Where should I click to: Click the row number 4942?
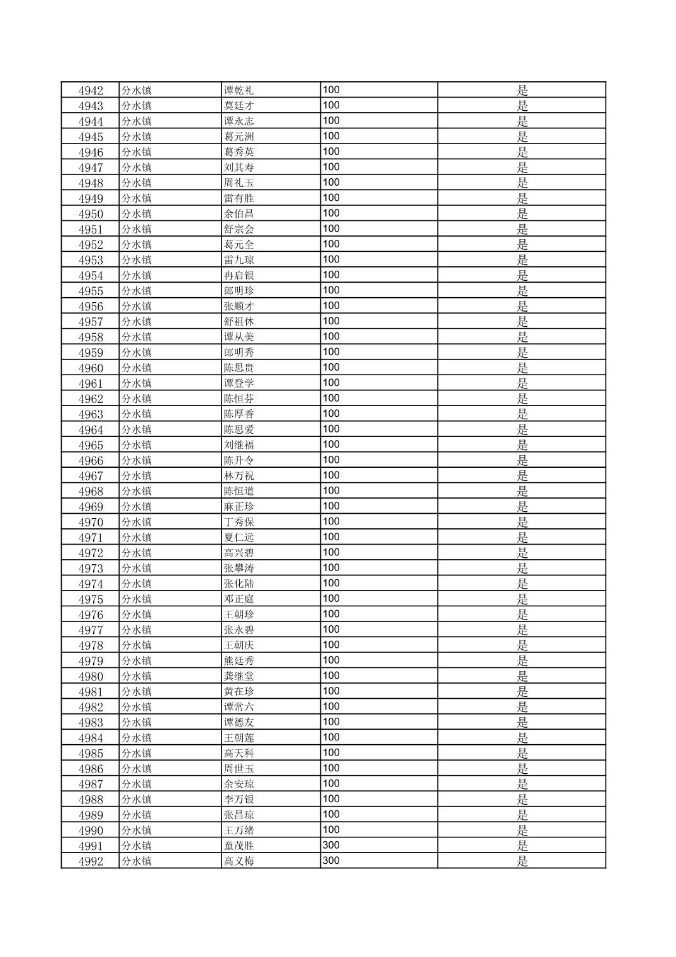click(x=91, y=90)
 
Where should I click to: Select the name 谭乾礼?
click(x=239, y=90)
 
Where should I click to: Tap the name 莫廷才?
click(x=239, y=106)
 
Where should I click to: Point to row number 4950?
click(x=91, y=214)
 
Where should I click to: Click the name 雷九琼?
click(x=239, y=260)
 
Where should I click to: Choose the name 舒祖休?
click(x=239, y=322)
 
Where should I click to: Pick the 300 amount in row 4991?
click(x=331, y=846)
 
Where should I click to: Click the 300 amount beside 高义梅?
click(x=331, y=861)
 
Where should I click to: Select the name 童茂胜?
click(x=239, y=846)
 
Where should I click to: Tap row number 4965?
click(x=91, y=445)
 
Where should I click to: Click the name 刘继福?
click(x=239, y=445)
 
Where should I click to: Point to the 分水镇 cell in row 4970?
click(x=137, y=522)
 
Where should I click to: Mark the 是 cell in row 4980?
click(x=522, y=676)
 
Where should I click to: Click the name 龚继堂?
click(x=239, y=676)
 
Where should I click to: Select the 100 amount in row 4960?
click(x=331, y=368)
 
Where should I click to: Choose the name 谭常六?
click(x=239, y=707)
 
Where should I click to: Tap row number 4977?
click(x=91, y=630)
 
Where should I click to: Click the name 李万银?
click(x=239, y=800)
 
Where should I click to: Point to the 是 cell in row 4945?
click(x=522, y=137)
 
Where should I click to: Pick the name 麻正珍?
click(x=239, y=507)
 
